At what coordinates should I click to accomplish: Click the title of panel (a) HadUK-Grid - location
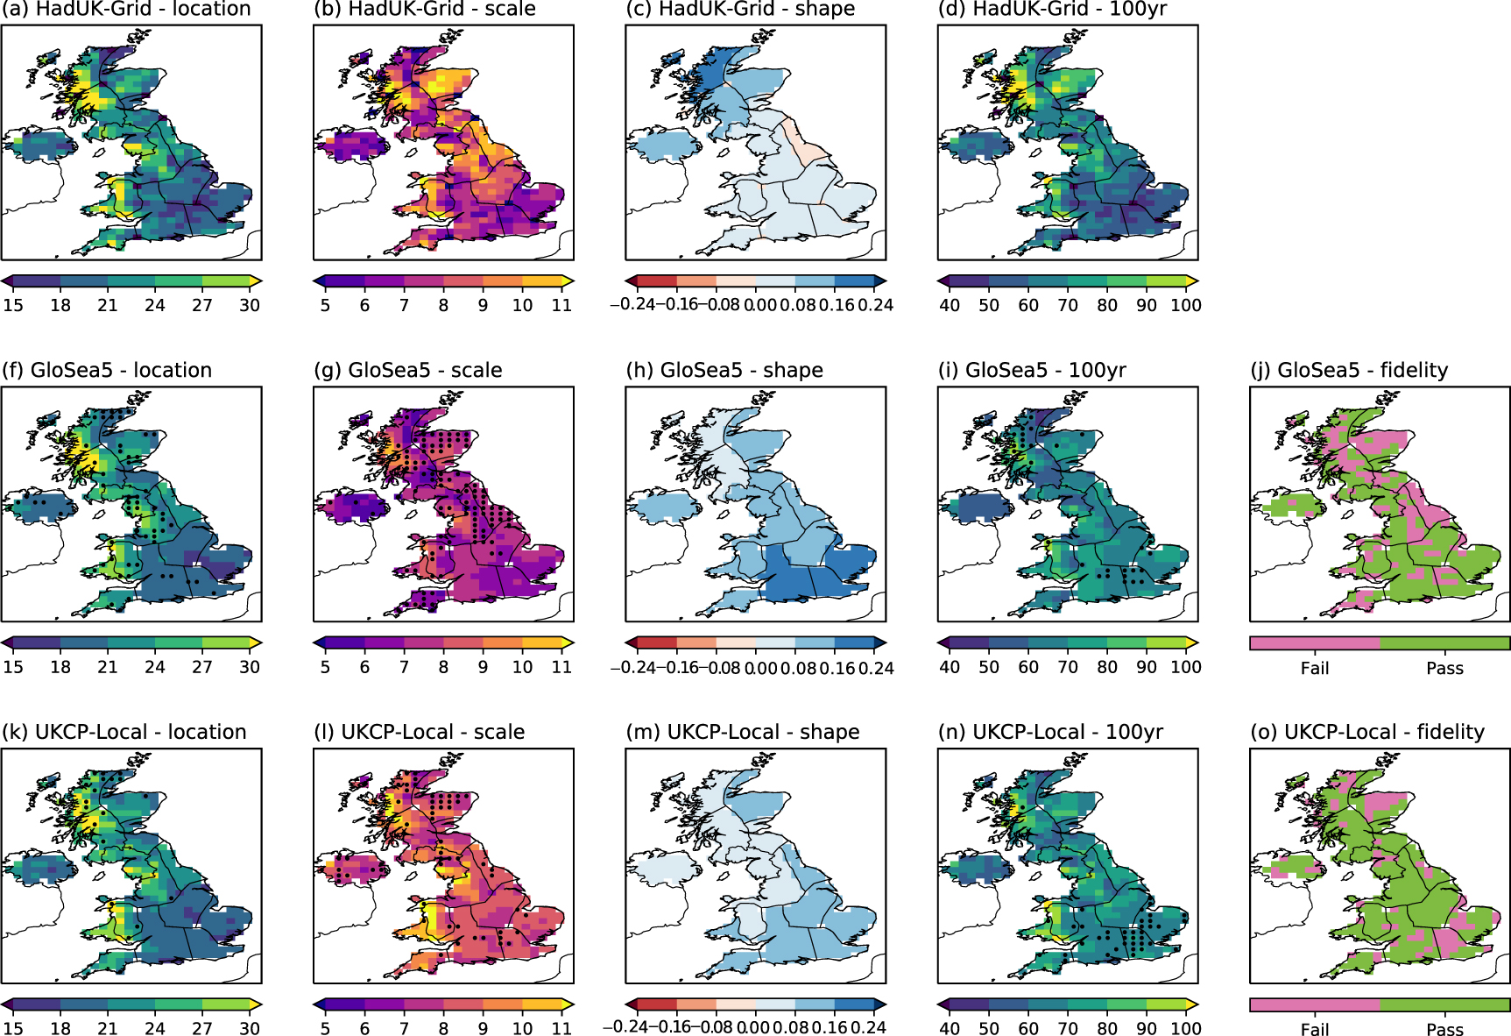[x=126, y=10]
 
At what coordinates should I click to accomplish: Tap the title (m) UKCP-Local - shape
[x=742, y=732]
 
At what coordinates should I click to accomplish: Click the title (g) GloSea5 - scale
[x=407, y=370]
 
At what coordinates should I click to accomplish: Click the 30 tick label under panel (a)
[x=250, y=305]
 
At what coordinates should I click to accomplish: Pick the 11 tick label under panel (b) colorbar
[x=561, y=305]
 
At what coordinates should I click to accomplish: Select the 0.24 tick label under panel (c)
[x=875, y=305]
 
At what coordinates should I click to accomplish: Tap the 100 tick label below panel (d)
[x=1186, y=305]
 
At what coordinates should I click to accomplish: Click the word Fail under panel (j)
[x=1315, y=668]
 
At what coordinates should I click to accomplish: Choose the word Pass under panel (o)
[x=1444, y=1029]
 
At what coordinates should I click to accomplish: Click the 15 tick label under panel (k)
[x=13, y=1028]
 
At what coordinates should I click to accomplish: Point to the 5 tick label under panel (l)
[x=325, y=1028]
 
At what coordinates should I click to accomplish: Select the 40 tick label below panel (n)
[x=950, y=1028]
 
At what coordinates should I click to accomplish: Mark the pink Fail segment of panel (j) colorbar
[x=1315, y=643]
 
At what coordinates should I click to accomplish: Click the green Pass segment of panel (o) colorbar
[x=1444, y=1004]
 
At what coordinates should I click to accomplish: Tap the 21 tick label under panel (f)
[x=108, y=667]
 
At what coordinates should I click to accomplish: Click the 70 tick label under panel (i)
[x=1068, y=667]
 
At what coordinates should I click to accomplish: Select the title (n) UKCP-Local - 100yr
[x=1050, y=732]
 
